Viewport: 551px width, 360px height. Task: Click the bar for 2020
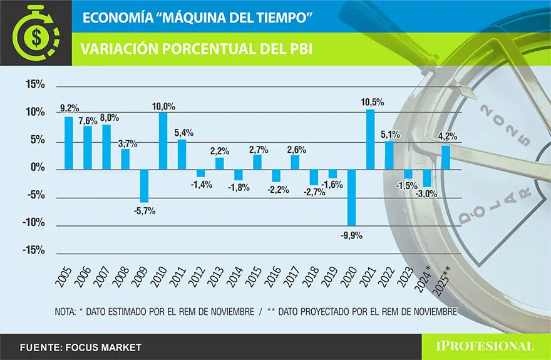(x=351, y=197)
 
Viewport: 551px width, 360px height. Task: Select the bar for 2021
(x=370, y=140)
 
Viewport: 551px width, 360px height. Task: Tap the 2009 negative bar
(x=144, y=185)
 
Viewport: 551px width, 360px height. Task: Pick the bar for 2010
(x=163, y=141)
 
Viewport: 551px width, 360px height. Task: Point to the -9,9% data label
(x=351, y=235)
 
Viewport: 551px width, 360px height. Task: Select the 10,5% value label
(x=373, y=101)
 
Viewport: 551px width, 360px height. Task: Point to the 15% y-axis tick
(x=34, y=85)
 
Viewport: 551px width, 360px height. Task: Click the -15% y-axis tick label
(x=33, y=250)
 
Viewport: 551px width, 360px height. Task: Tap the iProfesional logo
(x=485, y=346)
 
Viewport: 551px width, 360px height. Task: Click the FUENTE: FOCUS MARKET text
(x=80, y=347)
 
